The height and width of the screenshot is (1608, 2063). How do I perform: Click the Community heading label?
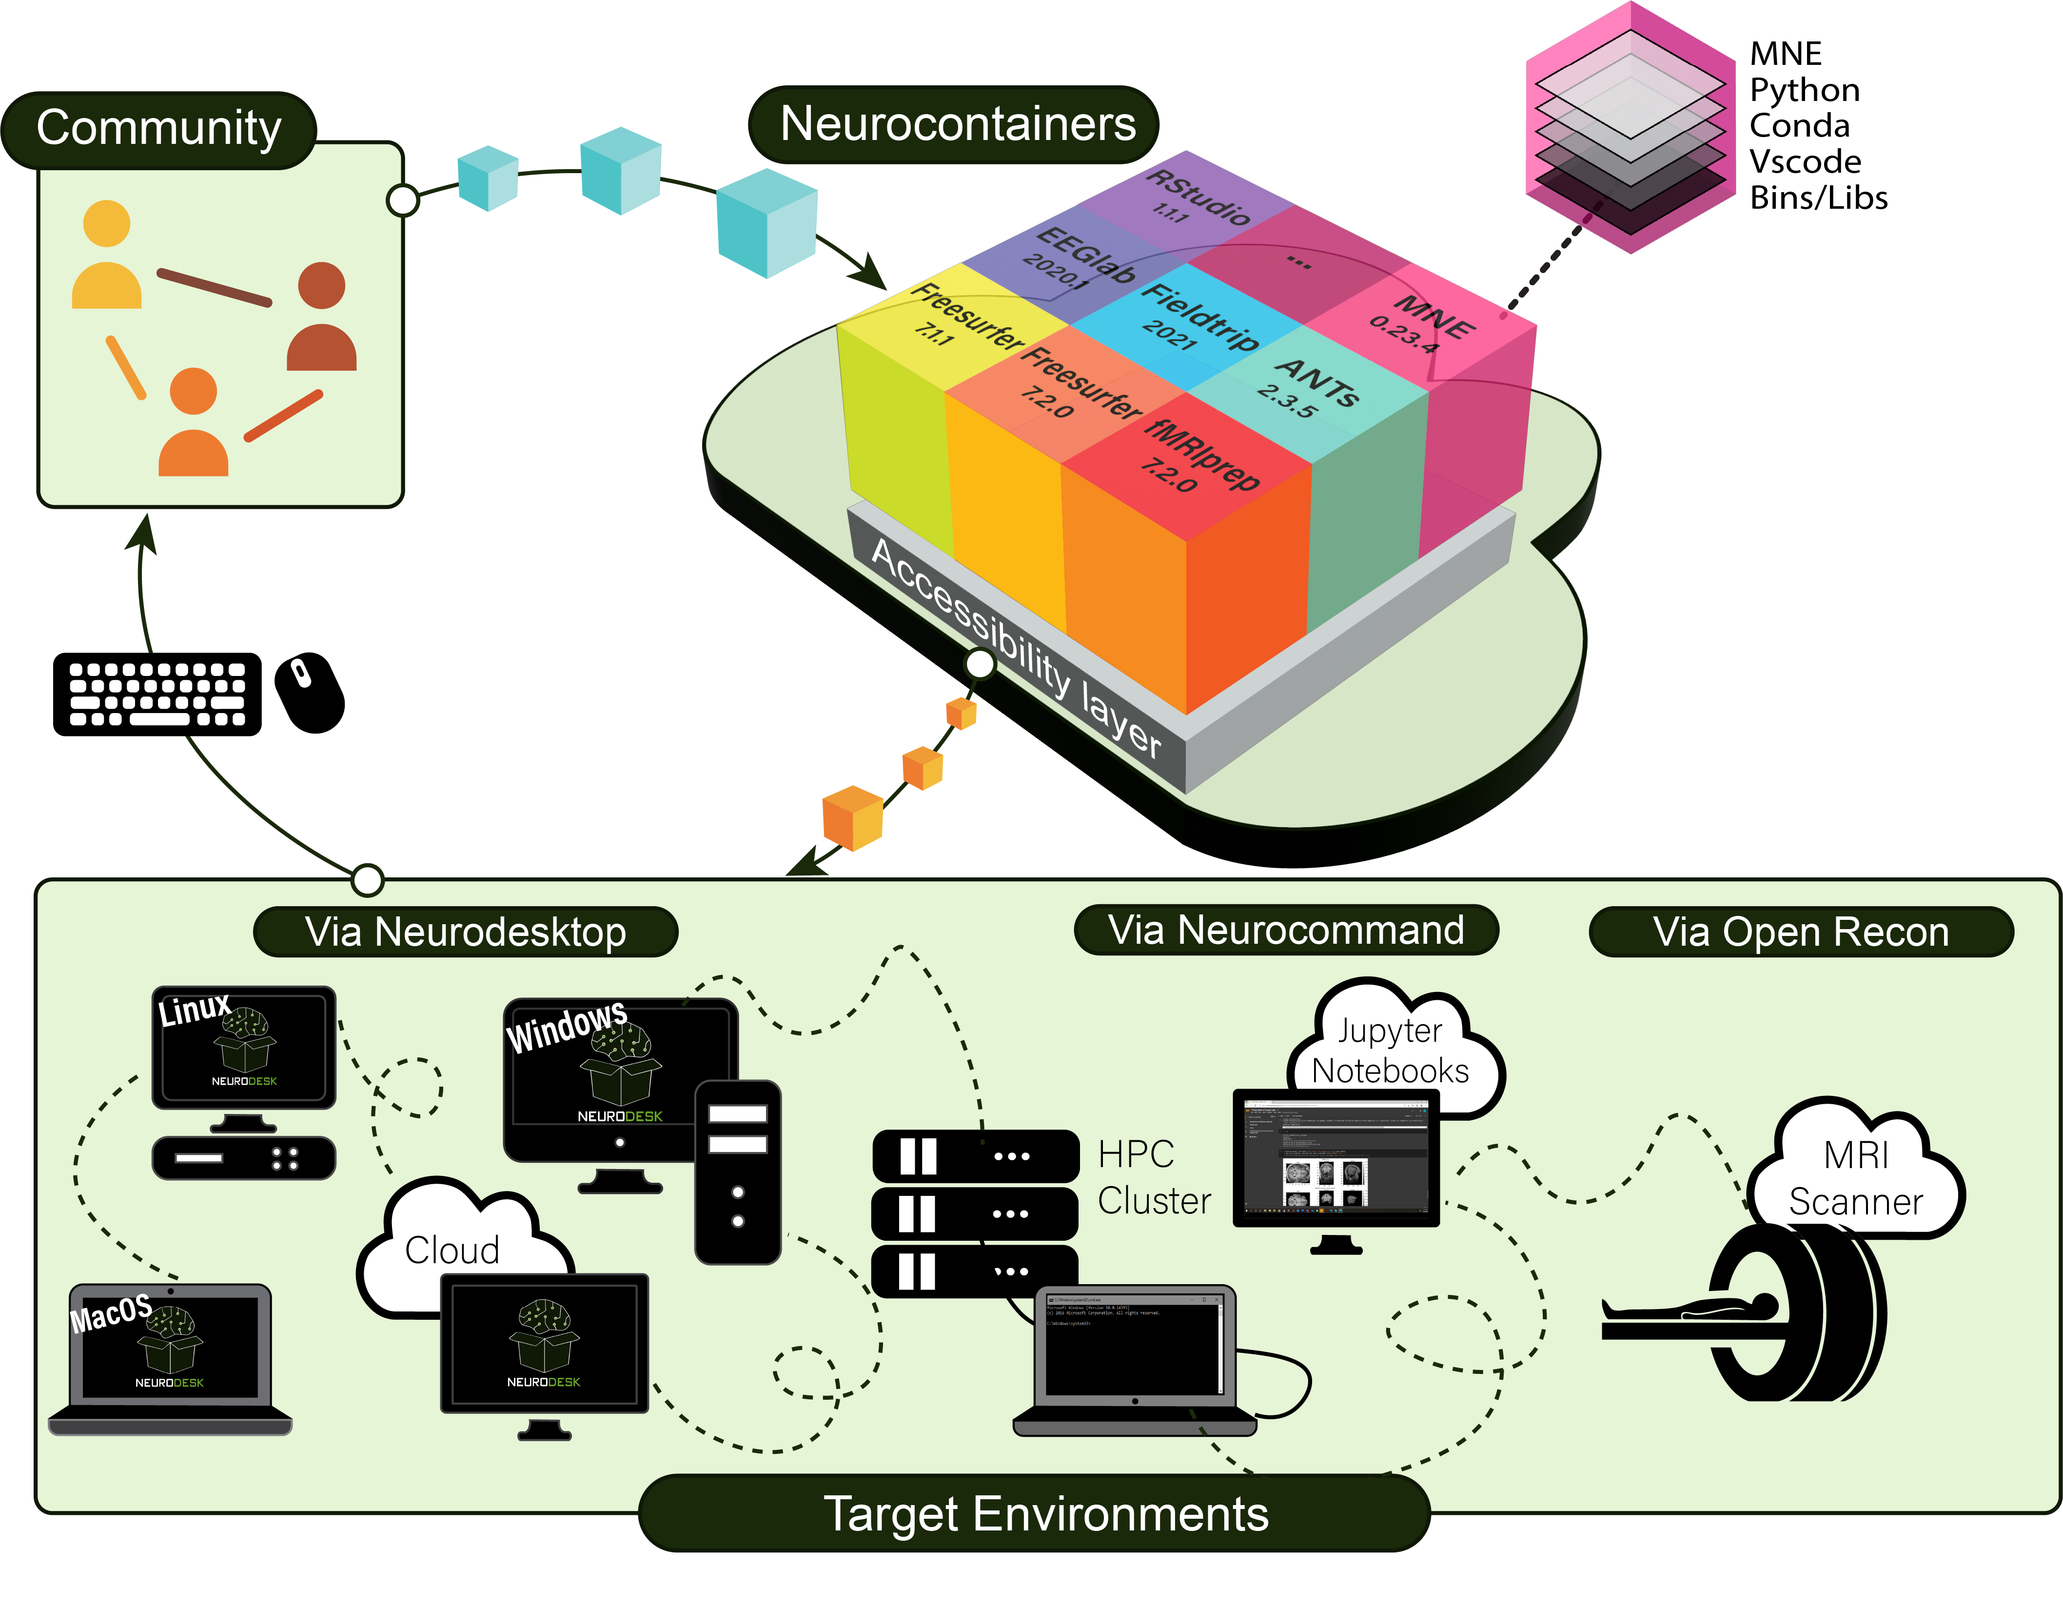158,128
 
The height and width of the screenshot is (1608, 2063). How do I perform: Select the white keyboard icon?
158,695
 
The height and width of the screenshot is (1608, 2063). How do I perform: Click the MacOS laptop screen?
170,1346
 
